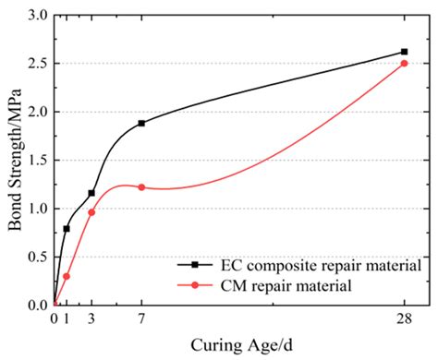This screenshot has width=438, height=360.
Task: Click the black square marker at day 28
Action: (404, 52)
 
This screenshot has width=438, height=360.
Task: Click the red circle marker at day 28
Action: (404, 64)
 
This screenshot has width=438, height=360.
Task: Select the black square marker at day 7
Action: (141, 123)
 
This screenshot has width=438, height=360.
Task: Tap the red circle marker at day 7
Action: (141, 186)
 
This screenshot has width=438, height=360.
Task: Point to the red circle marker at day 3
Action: (91, 212)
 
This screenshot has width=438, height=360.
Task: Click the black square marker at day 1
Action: (67, 228)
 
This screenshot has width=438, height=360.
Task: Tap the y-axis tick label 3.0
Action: (38, 16)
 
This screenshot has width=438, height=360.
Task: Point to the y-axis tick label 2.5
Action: (38, 64)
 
